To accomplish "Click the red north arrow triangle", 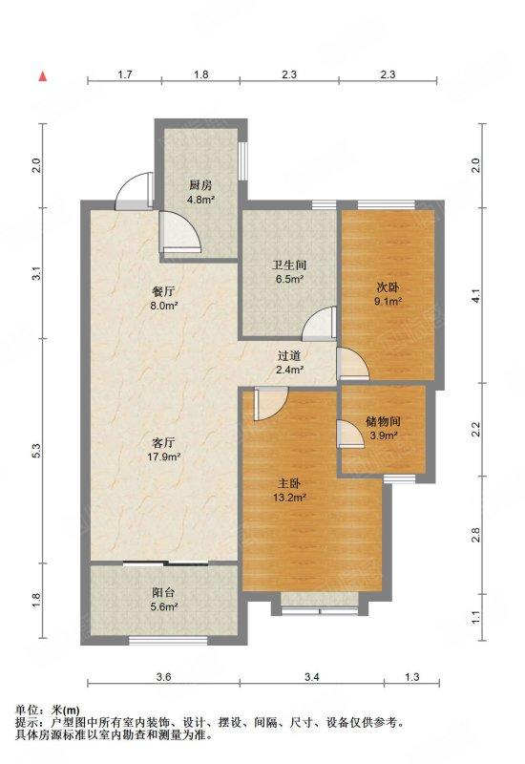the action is [43, 76].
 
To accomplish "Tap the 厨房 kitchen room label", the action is [200, 185].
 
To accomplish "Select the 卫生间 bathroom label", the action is [289, 265].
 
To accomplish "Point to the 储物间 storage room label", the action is [383, 421].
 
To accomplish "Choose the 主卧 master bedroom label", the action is [289, 483].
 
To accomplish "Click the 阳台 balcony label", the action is [163, 593].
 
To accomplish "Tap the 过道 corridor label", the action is [289, 355].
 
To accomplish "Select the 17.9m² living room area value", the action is [163, 457].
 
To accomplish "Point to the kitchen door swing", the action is [180, 231].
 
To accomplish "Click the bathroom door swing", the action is [319, 324].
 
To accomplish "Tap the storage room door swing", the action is [350, 434].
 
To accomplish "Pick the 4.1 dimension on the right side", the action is [476, 296].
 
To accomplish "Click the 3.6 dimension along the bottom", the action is [163, 677].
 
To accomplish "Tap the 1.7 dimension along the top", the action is [125, 74].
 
